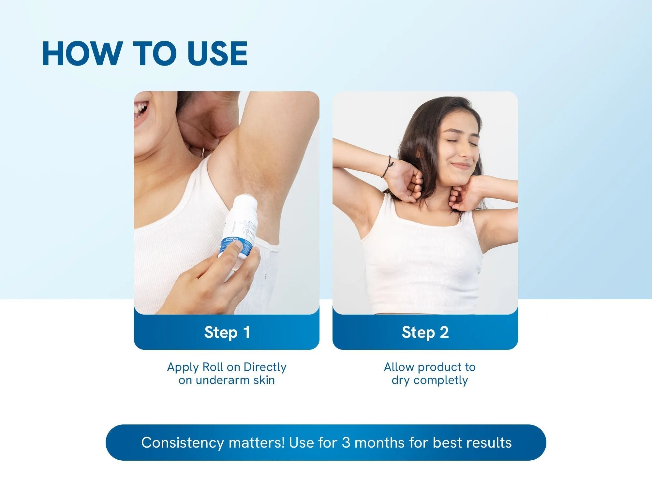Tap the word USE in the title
pyautogui.click(x=217, y=54)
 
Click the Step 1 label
pyautogui.click(x=227, y=332)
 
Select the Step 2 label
pyautogui.click(x=425, y=332)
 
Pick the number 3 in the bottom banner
pyautogui.click(x=346, y=443)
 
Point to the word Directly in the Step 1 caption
pyautogui.click(x=265, y=367)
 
